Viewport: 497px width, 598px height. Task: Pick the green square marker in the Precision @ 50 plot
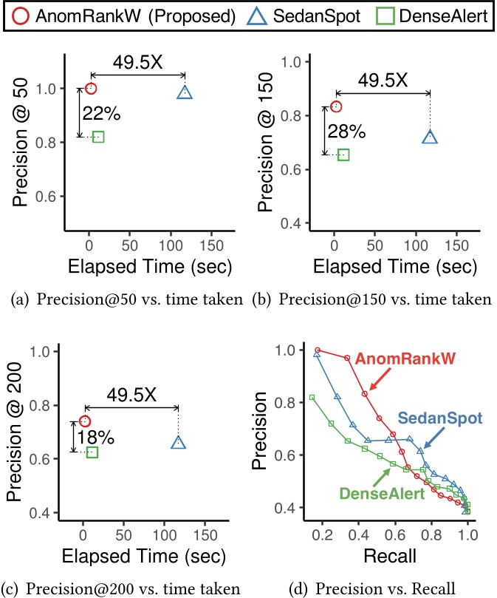98,137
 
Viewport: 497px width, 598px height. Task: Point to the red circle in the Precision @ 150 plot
336,106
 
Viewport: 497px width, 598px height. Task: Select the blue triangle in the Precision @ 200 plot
179,442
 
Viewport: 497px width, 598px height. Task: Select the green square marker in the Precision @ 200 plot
92,452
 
